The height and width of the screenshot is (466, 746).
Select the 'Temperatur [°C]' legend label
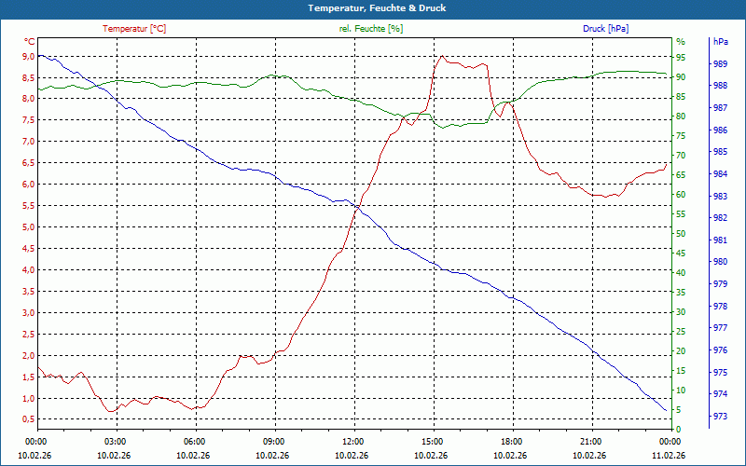(134, 29)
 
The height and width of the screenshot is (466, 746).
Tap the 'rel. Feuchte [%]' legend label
(371, 29)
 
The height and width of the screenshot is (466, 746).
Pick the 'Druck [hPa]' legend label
(605, 29)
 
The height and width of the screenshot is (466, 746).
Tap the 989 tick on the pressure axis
(720, 64)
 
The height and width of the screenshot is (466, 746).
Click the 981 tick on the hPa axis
(720, 240)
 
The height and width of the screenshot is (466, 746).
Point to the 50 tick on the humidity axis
(680, 234)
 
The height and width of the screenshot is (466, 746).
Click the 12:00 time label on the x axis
(352, 441)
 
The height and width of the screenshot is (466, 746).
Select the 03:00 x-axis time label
(115, 441)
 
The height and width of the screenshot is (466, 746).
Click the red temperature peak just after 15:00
(442, 56)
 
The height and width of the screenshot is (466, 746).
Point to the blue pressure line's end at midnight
(667, 410)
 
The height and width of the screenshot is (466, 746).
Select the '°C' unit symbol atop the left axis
(30, 42)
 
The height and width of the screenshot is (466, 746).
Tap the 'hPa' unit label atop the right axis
(720, 42)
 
